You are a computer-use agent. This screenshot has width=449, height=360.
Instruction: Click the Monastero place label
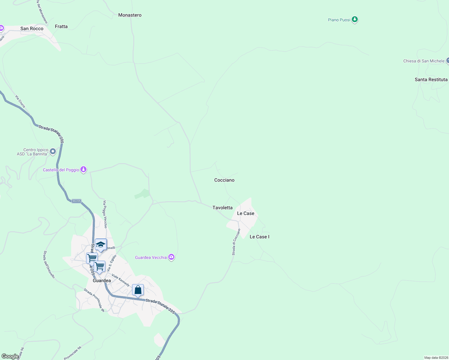130,15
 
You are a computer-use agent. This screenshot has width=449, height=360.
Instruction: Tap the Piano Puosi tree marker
355,19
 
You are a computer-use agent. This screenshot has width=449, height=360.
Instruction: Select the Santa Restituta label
431,79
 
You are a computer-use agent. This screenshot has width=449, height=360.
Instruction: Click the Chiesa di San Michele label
423,61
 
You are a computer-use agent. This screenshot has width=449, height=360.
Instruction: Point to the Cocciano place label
224,180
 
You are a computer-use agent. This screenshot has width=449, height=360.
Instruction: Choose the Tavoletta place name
222,208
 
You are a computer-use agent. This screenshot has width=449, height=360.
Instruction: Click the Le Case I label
259,237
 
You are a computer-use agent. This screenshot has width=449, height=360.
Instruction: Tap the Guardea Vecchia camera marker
171,257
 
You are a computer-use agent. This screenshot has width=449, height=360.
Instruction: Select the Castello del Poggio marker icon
83,169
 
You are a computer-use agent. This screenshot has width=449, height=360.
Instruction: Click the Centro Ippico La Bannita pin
53,151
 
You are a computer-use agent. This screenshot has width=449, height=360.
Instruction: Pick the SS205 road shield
77,201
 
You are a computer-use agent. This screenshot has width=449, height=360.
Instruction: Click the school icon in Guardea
101,244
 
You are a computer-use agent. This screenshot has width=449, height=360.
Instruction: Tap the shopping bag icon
138,290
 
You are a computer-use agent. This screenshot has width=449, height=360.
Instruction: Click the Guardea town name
102,280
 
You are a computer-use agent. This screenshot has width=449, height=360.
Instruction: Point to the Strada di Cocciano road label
236,242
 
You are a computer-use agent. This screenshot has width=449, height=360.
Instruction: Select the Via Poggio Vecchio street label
105,214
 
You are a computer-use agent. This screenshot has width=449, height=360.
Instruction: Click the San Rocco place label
32,28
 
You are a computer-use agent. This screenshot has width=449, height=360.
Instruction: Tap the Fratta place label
61,26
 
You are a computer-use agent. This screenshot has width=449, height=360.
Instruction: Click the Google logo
10,356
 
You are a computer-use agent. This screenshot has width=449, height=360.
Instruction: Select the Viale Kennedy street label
120,280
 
